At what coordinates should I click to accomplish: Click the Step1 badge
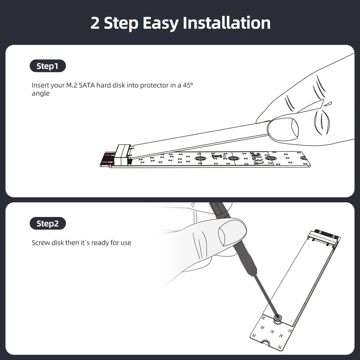pyautogui.click(x=48, y=66)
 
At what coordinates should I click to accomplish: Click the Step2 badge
pyautogui.click(x=48, y=224)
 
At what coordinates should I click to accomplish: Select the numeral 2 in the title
pyautogui.click(x=95, y=23)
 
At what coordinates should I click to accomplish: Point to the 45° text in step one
pyautogui.click(x=188, y=85)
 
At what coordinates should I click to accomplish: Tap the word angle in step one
pyautogui.click(x=41, y=94)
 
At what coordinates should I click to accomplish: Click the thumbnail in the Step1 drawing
pyautogui.click(x=295, y=129)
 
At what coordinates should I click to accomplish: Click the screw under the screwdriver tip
pyautogui.click(x=278, y=318)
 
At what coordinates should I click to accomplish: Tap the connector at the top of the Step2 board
pyautogui.click(x=324, y=236)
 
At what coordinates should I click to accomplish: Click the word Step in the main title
pyautogui.click(x=121, y=23)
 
